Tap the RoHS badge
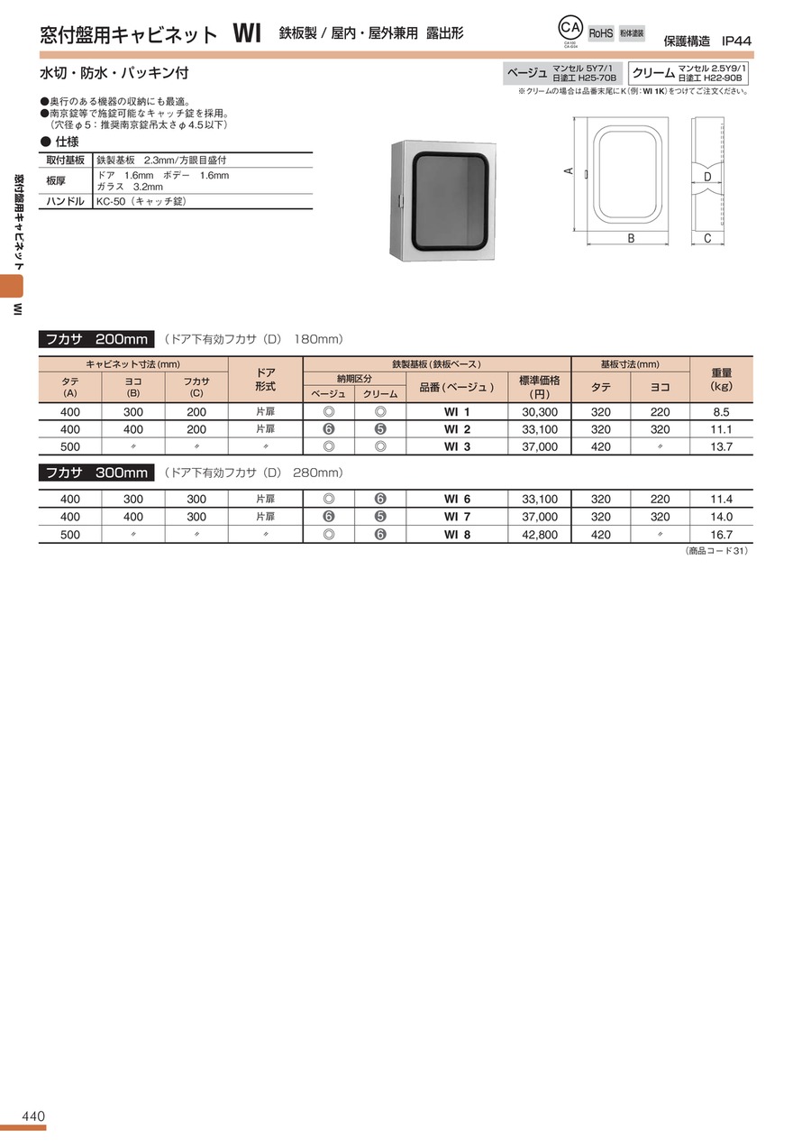(601, 33)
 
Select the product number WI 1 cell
(457, 412)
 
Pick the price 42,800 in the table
(540, 535)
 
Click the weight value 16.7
(721, 535)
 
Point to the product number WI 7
(457, 517)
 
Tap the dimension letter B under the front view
(631, 239)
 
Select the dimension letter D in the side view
(707, 177)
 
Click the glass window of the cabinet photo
(448, 202)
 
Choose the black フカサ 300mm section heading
(96, 473)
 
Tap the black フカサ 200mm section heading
(96, 339)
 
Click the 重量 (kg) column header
(721, 379)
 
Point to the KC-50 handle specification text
(141, 201)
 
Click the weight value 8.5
(721, 412)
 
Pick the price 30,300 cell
(540, 412)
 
